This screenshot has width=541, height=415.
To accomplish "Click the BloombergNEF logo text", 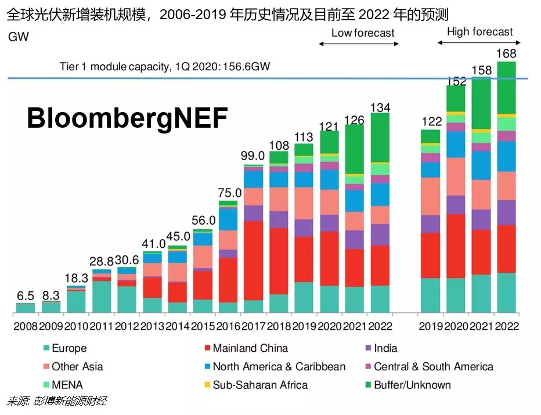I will click(127, 118).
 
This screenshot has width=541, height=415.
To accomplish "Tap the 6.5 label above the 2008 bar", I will click(25, 295).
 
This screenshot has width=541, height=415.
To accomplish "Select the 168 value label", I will click(506, 53).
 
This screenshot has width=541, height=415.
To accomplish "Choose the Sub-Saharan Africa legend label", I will click(260, 385).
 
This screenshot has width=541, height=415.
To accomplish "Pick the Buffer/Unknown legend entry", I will click(412, 385).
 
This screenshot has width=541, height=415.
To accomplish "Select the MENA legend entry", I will click(67, 385).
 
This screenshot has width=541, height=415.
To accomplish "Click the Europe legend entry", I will click(69, 348).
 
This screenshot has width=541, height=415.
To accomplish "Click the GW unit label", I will click(18, 38).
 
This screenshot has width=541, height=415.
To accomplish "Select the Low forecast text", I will click(363, 33).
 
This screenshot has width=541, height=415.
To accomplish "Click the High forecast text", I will click(480, 32).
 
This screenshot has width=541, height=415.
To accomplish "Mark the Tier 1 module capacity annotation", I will click(165, 66).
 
